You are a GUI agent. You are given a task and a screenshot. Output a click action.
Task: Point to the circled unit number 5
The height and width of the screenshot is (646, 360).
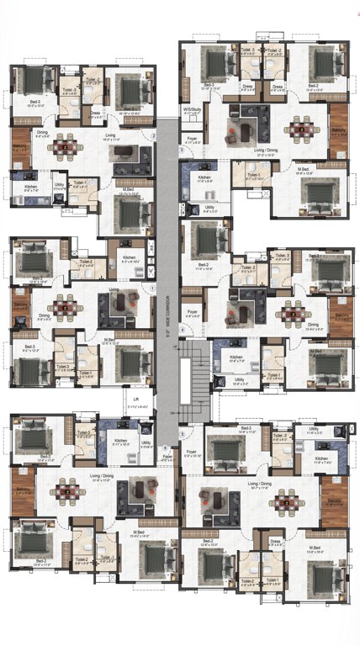point(182,433)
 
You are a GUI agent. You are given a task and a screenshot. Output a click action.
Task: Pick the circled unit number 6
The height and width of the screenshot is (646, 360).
point(165,447)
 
